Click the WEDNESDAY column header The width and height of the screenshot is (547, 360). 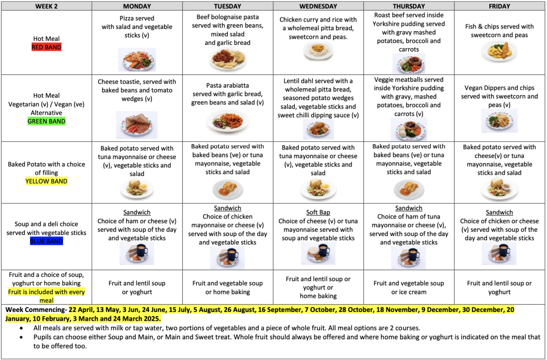pyautogui.click(x=318, y=6)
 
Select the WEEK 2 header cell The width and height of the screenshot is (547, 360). pyautogui.click(x=46, y=6)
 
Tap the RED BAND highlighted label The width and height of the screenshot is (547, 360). pyautogui.click(x=46, y=47)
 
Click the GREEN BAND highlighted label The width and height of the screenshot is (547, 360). pyautogui.click(x=46, y=121)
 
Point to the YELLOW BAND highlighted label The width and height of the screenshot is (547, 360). pyautogui.click(x=46, y=181)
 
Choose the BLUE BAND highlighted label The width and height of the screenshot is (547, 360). pyautogui.click(x=46, y=242)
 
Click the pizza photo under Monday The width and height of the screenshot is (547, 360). pyautogui.click(x=137, y=60)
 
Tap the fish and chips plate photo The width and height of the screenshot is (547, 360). pyautogui.click(x=499, y=52)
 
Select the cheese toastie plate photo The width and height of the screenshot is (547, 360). pyautogui.click(x=137, y=124)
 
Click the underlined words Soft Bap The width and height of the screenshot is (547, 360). pyautogui.click(x=318, y=213)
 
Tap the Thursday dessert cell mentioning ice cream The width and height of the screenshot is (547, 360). pyautogui.click(x=409, y=288)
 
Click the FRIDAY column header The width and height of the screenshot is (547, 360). pyautogui.click(x=499, y=6)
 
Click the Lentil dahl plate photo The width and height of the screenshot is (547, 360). pyautogui.click(x=318, y=129)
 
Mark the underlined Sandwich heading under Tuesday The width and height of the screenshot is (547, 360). pyautogui.click(x=227, y=208)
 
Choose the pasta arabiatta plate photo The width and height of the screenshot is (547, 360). pyautogui.click(x=227, y=121)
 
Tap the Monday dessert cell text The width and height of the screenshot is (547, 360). pyautogui.click(x=137, y=288)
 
